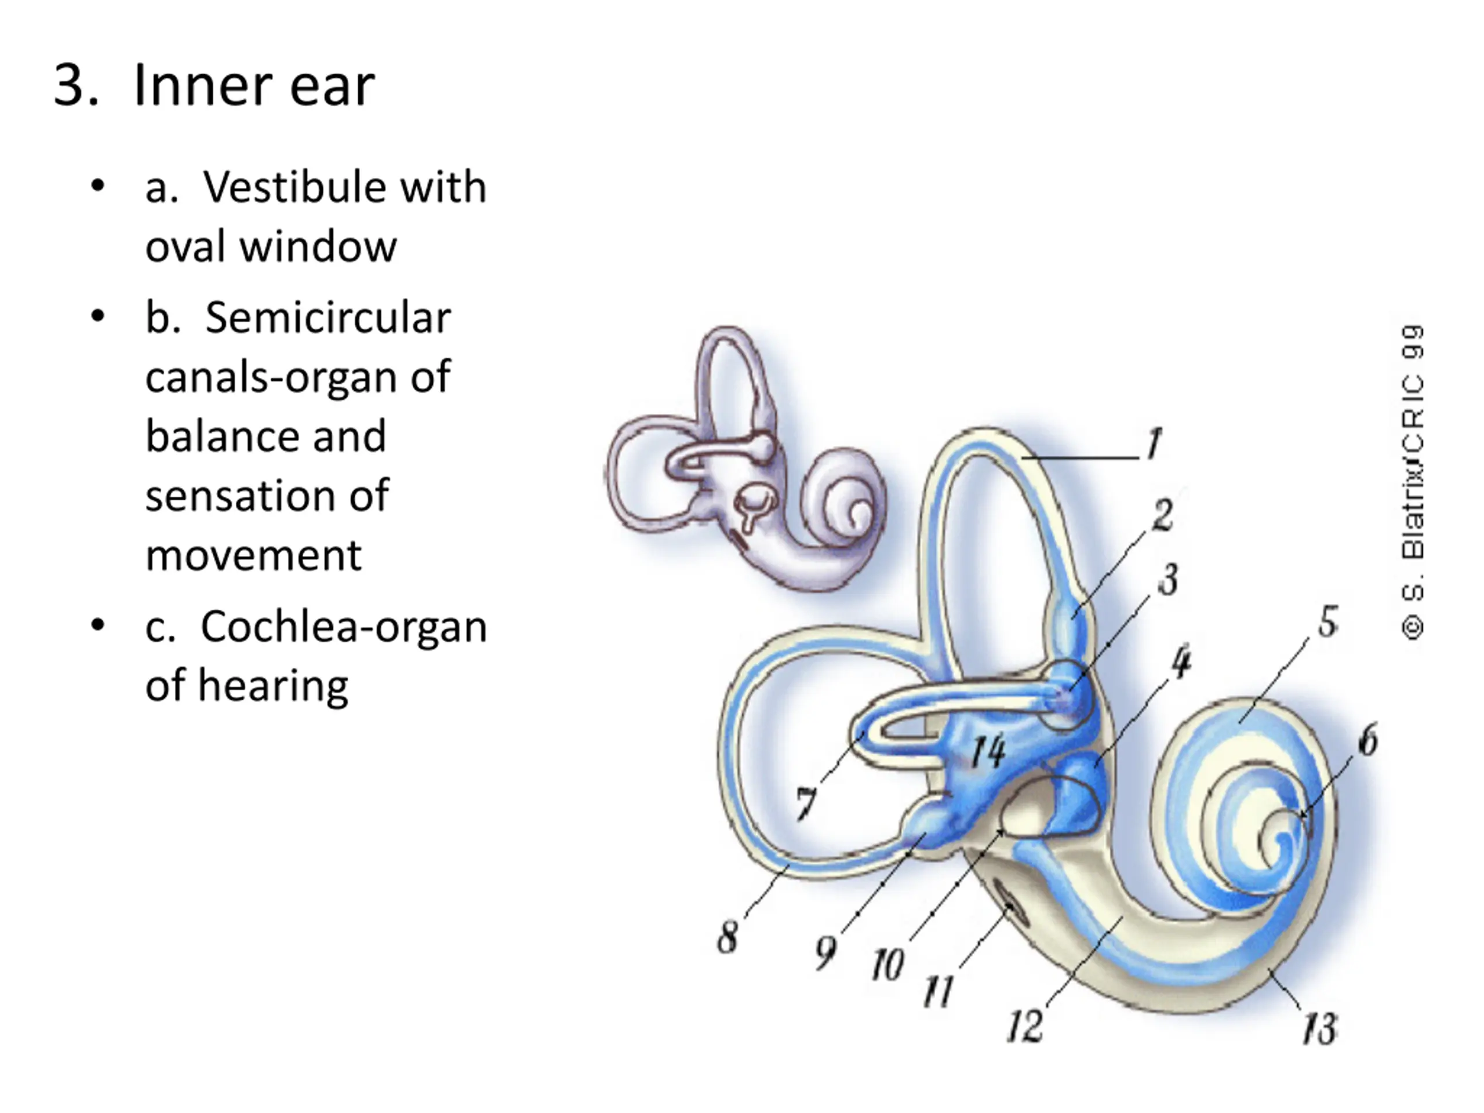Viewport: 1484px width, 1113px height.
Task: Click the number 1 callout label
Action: click(1153, 443)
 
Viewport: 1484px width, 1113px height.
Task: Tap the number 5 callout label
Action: click(1327, 621)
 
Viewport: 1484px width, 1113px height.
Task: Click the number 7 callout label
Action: click(806, 802)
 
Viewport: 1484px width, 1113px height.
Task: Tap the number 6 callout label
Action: click(1368, 740)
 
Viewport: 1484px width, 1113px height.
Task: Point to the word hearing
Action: click(272, 686)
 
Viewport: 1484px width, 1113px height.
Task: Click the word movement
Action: click(253, 555)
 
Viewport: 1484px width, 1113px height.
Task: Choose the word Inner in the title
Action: click(202, 86)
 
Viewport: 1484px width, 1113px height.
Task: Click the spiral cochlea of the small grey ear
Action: click(847, 507)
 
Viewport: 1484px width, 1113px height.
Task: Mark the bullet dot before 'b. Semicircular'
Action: click(98, 316)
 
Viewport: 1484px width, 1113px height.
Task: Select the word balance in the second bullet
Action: click(265, 436)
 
